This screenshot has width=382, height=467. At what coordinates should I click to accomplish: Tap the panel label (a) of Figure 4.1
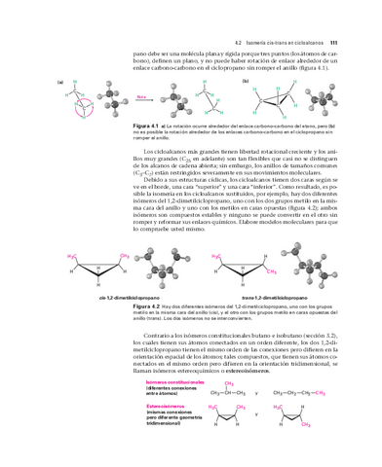[60, 82]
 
